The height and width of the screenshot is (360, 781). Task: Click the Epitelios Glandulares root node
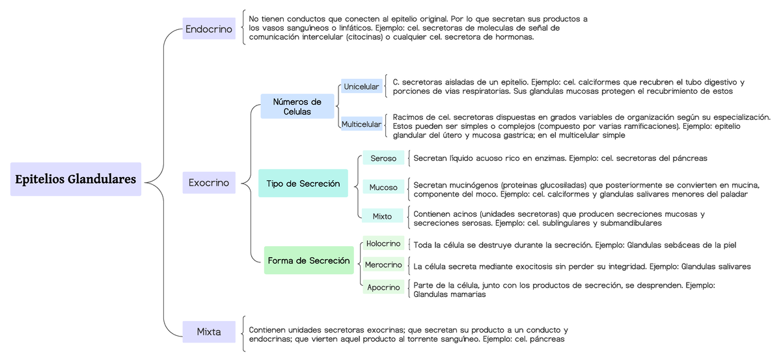[75, 179]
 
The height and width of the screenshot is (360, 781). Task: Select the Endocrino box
[209, 29]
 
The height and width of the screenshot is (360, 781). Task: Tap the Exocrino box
[209, 183]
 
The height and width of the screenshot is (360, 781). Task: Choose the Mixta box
[209, 332]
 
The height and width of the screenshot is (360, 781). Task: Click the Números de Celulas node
[297, 107]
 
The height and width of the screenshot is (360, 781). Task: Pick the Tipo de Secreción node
[303, 184]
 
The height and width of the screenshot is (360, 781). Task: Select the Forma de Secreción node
[308, 260]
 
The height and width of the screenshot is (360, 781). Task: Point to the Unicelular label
[361, 87]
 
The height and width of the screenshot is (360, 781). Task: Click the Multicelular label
[361, 124]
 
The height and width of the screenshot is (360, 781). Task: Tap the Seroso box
[383, 158]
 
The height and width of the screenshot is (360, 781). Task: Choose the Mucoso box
[383, 187]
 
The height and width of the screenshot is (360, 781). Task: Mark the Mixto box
[383, 216]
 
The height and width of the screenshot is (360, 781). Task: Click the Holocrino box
[383, 243]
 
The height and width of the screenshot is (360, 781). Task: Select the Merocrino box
[383, 265]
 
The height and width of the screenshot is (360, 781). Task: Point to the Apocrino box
[383, 287]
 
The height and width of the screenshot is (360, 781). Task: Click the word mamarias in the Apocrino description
[467, 294]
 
